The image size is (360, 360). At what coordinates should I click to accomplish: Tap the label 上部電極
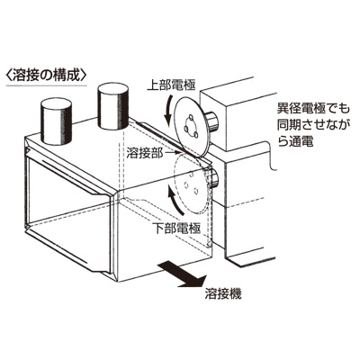(171, 85)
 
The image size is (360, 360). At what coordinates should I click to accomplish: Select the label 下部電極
(176, 229)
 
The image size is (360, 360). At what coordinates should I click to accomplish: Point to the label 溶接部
(145, 154)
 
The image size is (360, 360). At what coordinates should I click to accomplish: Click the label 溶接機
(223, 294)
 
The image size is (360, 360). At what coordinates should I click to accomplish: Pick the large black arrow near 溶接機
(182, 274)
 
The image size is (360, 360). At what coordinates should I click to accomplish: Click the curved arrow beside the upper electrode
(168, 111)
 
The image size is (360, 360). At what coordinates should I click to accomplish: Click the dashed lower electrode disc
(192, 184)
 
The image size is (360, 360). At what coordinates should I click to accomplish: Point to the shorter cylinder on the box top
(56, 121)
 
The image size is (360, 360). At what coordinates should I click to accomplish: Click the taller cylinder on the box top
(113, 105)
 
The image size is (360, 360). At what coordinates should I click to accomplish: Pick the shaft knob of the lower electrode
(212, 177)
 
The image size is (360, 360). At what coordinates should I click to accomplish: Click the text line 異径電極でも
(313, 109)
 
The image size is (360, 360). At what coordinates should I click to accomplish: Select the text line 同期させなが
(313, 124)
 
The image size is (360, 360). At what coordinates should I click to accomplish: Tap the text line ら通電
(295, 140)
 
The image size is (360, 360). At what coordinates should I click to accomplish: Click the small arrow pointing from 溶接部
(170, 153)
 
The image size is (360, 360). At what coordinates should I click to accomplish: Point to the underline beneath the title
(47, 85)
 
